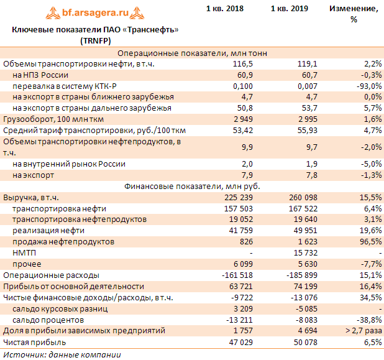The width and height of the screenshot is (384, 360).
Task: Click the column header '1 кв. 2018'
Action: click(x=224, y=9)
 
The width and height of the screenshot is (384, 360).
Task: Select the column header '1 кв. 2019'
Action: click(x=290, y=9)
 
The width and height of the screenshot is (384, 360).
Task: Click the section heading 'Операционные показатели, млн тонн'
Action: click(x=192, y=53)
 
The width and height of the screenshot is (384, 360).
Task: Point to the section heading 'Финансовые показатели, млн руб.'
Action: click(x=192, y=186)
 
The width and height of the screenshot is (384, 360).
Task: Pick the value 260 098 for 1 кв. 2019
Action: click(x=302, y=197)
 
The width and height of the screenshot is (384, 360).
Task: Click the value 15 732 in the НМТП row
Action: click(x=304, y=252)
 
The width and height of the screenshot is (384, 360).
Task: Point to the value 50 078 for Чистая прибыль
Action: click(x=304, y=342)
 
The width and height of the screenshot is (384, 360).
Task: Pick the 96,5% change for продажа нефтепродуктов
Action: click(x=367, y=241)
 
